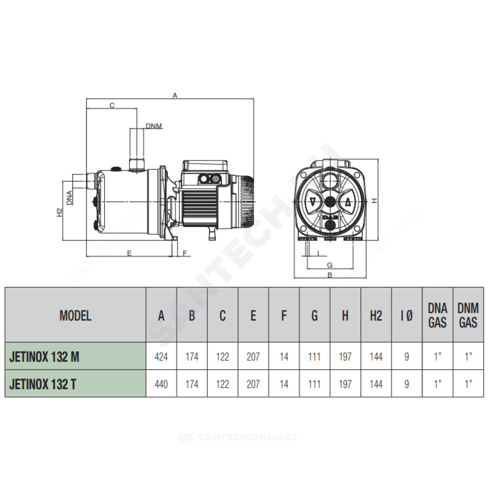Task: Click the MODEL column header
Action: [75, 315]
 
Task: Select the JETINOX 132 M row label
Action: [44, 356]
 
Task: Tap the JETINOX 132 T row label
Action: [43, 384]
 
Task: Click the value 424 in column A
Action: [161, 356]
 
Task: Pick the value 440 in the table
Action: [161, 384]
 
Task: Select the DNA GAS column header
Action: [438, 315]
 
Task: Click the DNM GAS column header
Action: [468, 315]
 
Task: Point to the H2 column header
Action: [376, 315]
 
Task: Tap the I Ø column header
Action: [407, 315]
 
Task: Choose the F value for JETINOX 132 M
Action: [284, 356]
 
